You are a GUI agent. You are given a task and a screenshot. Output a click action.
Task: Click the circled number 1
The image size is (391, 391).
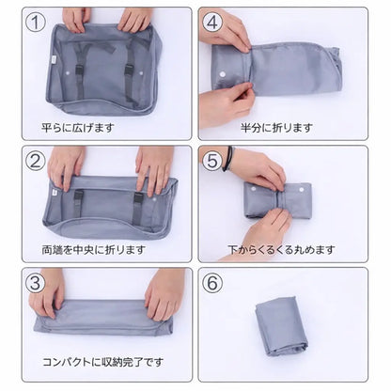pyautogui.click(x=36, y=22)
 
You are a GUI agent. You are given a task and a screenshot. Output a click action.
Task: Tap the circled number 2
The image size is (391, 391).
pyautogui.click(x=36, y=160)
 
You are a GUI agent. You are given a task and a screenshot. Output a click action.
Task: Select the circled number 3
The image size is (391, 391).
pyautogui.click(x=36, y=282)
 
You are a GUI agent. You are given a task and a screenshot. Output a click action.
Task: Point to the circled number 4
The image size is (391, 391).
pyautogui.click(x=212, y=22)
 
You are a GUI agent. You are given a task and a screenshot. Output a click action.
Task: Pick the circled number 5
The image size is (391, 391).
pyautogui.click(x=212, y=160)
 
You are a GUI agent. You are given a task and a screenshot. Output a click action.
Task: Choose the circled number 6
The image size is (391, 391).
pyautogui.click(x=212, y=282)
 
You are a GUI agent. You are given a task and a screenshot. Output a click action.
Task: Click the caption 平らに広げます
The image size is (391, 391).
pyautogui.click(x=78, y=128)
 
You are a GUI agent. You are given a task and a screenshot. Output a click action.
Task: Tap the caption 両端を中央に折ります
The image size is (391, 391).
pyautogui.click(x=94, y=250)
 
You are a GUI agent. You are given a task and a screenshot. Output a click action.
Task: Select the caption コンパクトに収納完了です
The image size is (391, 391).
pyautogui.click(x=102, y=362)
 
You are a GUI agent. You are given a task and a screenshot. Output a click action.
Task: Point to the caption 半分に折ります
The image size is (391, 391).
pyautogui.click(x=277, y=128)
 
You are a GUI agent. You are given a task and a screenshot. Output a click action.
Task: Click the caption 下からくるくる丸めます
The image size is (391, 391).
pyautogui.click(x=281, y=250)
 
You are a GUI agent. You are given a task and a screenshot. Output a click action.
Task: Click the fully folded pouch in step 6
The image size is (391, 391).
pyautogui.click(x=281, y=324)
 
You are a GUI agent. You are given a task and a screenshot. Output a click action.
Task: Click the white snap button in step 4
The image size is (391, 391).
pyautogui.click(x=222, y=74)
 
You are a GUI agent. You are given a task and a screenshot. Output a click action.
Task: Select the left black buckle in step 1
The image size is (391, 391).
pyautogui.click(x=79, y=70)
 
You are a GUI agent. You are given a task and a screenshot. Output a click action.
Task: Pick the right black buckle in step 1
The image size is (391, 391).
pyautogui.click(x=129, y=70)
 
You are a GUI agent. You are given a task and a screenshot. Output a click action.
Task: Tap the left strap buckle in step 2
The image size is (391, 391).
pyautogui.click(x=79, y=196)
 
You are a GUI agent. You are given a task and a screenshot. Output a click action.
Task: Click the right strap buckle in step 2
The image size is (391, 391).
pyautogui.click(x=138, y=198)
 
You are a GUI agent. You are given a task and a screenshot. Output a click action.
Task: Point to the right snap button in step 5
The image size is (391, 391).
pyautogui.click(x=302, y=190)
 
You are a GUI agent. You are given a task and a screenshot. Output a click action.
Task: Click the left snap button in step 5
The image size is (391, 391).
pyautogui.click(x=251, y=190)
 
